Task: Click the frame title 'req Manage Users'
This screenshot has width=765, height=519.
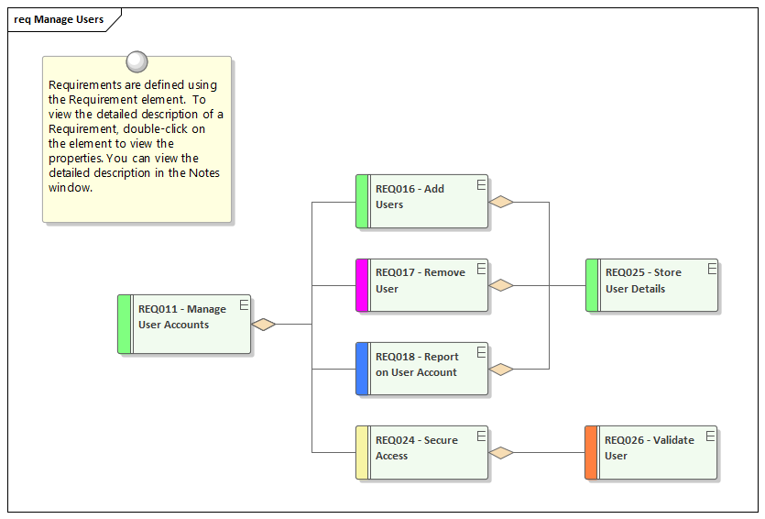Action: pos(59,19)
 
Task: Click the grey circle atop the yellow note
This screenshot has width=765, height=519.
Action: pos(137,61)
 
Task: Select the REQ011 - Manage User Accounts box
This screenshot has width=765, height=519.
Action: pos(184,324)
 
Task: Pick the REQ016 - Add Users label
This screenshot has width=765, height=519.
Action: pos(410,196)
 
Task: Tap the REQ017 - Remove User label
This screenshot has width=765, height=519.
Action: pos(420,281)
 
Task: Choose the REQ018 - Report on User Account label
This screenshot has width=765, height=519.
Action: pos(417,364)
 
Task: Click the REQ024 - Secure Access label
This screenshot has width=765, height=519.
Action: pos(416,447)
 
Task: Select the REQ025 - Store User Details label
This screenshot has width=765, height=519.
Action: pos(643,281)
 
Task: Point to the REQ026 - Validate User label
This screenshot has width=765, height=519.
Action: pos(649,447)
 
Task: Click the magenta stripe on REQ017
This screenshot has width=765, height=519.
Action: pos(362,285)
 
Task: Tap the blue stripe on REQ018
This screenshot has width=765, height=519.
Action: pos(362,369)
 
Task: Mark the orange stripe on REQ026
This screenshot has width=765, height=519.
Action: pos(591,452)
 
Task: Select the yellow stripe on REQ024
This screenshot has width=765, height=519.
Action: pos(362,452)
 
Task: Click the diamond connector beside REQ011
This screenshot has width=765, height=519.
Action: pos(264,324)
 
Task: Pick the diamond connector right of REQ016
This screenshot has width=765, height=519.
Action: pos(501,202)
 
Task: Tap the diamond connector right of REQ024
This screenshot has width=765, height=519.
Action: pos(501,452)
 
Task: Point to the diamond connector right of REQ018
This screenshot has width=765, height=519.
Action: pos(501,369)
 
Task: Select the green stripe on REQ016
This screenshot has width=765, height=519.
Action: pos(362,202)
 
